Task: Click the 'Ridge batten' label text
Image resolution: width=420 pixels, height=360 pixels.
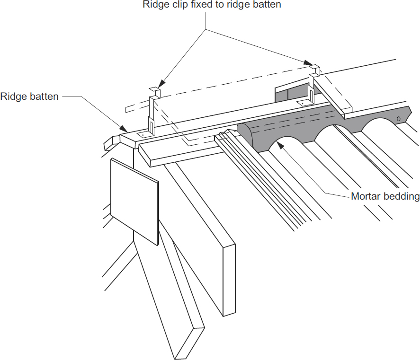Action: click(29, 97)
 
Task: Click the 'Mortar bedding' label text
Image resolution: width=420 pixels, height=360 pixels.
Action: click(385, 196)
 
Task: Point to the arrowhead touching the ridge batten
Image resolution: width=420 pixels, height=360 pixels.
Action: click(124, 129)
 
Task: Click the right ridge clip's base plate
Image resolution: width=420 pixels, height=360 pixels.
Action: click(303, 103)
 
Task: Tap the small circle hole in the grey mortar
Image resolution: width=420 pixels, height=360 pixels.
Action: click(398, 118)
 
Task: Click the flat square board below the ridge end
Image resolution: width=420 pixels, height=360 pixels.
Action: click(134, 202)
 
